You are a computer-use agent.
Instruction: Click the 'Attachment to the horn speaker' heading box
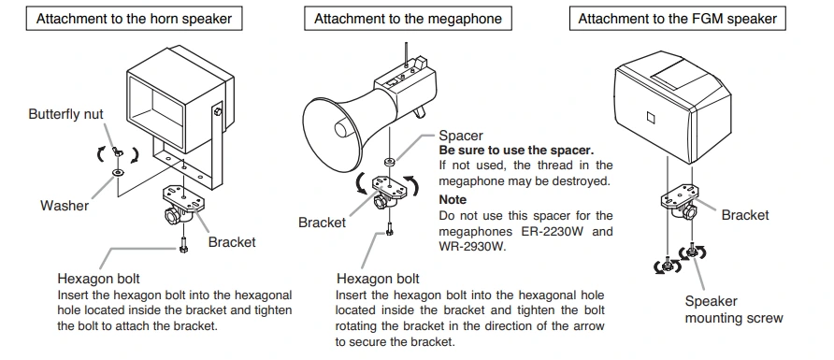(x=134, y=19)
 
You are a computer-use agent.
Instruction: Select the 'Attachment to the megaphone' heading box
(x=408, y=19)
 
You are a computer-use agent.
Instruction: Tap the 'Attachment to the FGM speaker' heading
(x=677, y=19)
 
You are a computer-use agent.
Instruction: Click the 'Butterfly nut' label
(x=66, y=114)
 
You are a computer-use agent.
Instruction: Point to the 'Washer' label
(x=65, y=206)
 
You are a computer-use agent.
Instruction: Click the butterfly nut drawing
(x=118, y=152)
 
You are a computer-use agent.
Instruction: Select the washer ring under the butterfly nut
(x=118, y=172)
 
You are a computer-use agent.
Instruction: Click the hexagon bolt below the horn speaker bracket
(x=183, y=245)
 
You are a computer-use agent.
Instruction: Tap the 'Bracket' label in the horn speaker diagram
(x=232, y=242)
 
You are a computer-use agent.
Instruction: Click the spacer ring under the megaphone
(x=390, y=161)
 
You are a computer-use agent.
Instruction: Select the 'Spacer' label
(x=461, y=137)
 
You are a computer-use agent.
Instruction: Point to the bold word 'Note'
(x=453, y=200)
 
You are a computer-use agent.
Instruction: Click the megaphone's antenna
(x=407, y=55)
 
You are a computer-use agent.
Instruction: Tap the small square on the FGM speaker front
(x=651, y=117)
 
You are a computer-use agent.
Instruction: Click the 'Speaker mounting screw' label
(x=734, y=310)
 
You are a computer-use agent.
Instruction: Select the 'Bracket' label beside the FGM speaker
(x=745, y=215)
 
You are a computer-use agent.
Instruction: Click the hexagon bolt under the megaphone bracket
(x=389, y=229)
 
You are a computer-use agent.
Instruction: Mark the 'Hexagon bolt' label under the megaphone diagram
(x=378, y=279)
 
